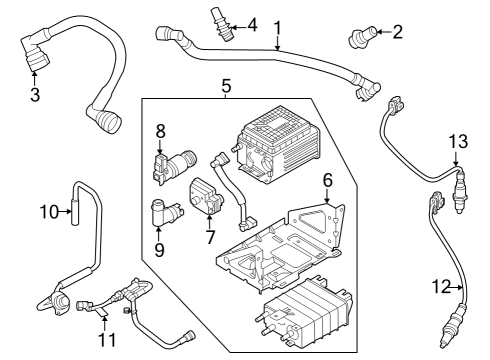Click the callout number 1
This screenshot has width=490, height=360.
277,28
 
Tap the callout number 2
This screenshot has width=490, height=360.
397,32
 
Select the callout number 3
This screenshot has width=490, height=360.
35,94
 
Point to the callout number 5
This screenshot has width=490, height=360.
227,86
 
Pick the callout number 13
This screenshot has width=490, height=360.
458,141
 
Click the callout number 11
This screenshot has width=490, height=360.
107,340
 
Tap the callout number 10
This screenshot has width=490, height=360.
49,211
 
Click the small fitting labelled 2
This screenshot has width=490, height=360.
363,39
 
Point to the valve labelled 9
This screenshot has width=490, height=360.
167,212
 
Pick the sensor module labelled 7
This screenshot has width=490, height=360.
206,196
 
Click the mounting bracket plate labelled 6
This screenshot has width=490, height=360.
280,247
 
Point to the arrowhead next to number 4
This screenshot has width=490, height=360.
233,27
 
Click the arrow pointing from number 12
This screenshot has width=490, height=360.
456,287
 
